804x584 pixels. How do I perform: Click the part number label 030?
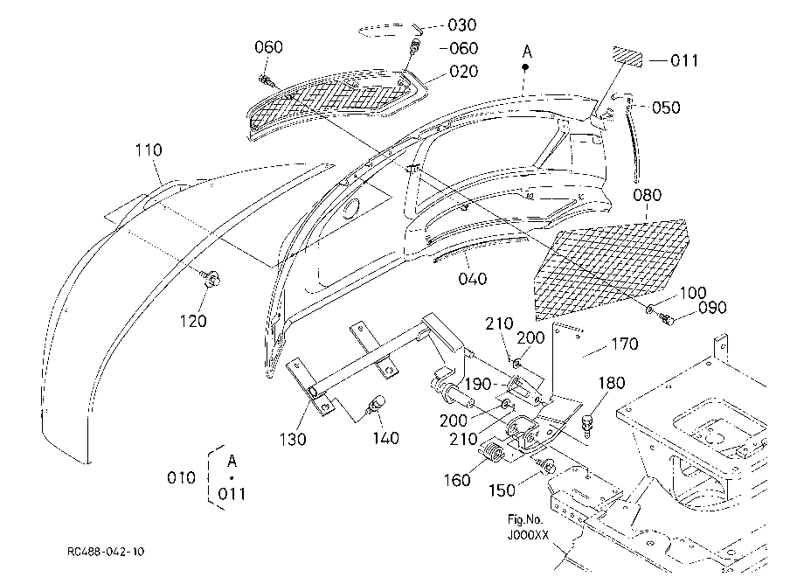click(x=462, y=24)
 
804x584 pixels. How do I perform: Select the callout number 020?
click(x=463, y=72)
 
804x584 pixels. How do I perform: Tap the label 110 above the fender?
click(x=149, y=150)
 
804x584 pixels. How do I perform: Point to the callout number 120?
click(x=193, y=321)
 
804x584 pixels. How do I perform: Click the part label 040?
click(x=472, y=279)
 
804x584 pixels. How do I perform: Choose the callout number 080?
click(x=647, y=195)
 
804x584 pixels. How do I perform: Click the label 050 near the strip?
click(x=666, y=108)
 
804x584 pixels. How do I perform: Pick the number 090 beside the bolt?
click(x=712, y=308)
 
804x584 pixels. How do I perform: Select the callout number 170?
click(x=625, y=344)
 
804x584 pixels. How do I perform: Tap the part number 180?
click(x=612, y=383)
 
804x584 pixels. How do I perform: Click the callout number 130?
click(x=293, y=440)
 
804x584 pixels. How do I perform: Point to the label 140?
click(x=385, y=438)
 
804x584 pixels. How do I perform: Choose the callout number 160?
click(x=457, y=481)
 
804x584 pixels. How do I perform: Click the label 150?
click(x=502, y=490)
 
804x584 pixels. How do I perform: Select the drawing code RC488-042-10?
click(x=106, y=552)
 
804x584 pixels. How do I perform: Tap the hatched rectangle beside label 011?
click(x=627, y=57)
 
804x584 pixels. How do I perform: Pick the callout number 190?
click(x=478, y=384)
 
